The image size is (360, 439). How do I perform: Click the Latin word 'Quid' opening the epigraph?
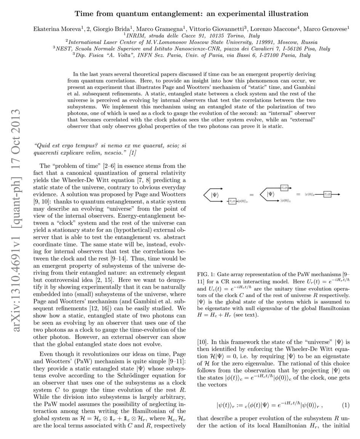pyautogui.click(x=42, y=145)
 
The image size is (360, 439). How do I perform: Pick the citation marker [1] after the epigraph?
pyautogui.click(x=132, y=153)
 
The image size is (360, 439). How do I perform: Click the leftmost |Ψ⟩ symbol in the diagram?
pyautogui.click(x=215, y=195)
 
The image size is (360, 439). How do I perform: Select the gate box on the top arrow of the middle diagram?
pyautogui.click(x=284, y=187)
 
